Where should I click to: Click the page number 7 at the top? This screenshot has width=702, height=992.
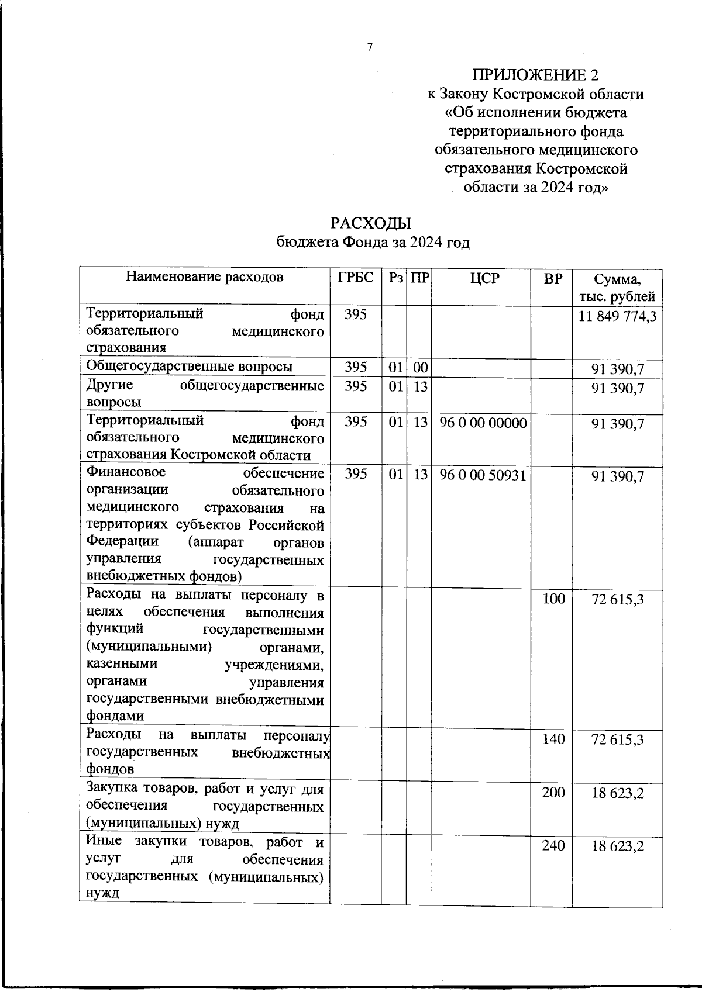point(370,47)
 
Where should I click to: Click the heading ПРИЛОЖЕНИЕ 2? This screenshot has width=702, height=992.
point(536,75)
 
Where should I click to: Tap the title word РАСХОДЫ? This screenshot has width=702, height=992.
point(371,223)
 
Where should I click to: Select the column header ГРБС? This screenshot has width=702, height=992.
point(356,278)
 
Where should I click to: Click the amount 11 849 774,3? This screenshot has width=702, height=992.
point(617,316)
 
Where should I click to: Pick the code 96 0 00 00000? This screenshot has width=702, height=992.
point(483,423)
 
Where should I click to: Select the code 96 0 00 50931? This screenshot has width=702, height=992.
point(483,475)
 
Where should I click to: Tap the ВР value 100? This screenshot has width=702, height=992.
point(553,599)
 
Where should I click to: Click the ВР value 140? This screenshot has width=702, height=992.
point(553,739)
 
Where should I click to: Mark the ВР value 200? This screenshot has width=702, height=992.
point(553,793)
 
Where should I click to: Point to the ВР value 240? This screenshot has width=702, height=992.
point(553,845)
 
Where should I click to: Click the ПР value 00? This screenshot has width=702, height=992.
point(420,368)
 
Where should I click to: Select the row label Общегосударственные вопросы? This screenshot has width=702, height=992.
point(190,367)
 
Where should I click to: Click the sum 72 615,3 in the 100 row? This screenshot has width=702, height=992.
point(617,599)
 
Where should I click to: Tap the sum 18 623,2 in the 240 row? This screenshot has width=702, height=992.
point(617,846)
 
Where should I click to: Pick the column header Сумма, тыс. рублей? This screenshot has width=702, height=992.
point(617,288)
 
